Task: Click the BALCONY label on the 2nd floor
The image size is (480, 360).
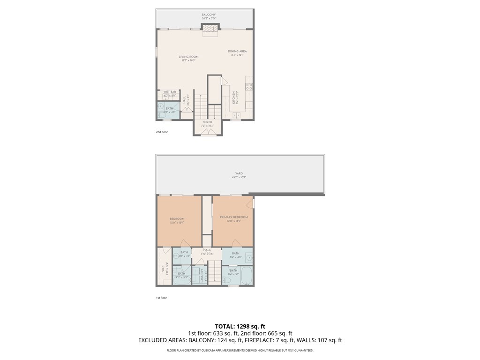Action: pos(209,15)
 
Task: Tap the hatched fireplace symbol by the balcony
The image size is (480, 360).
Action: pos(210,29)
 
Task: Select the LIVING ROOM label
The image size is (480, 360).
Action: pos(188,57)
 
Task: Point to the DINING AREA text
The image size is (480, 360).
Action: pos(237,52)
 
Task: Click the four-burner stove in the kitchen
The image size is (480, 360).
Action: pos(249,86)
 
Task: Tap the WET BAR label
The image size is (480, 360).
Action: pos(169,92)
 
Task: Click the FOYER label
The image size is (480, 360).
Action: pos(207,122)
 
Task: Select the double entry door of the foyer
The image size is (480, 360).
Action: pos(207,133)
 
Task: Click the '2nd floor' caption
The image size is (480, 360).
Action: pos(162,132)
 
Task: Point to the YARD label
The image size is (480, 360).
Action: pos(239,173)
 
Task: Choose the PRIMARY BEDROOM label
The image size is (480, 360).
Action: pos(233,217)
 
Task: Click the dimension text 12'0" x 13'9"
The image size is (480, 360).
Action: pos(177,223)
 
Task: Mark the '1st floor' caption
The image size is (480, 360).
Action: pos(161,298)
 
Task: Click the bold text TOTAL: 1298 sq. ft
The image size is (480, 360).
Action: pos(240,326)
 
